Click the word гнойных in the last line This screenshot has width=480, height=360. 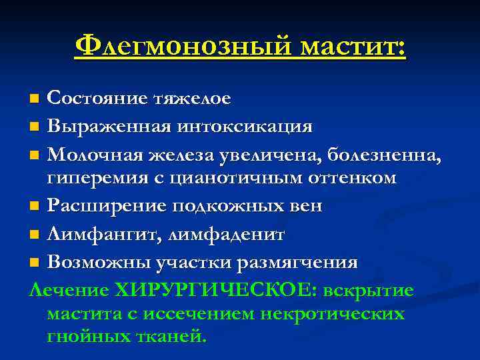tap(86, 337)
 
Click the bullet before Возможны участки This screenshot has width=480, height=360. tap(35, 262)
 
